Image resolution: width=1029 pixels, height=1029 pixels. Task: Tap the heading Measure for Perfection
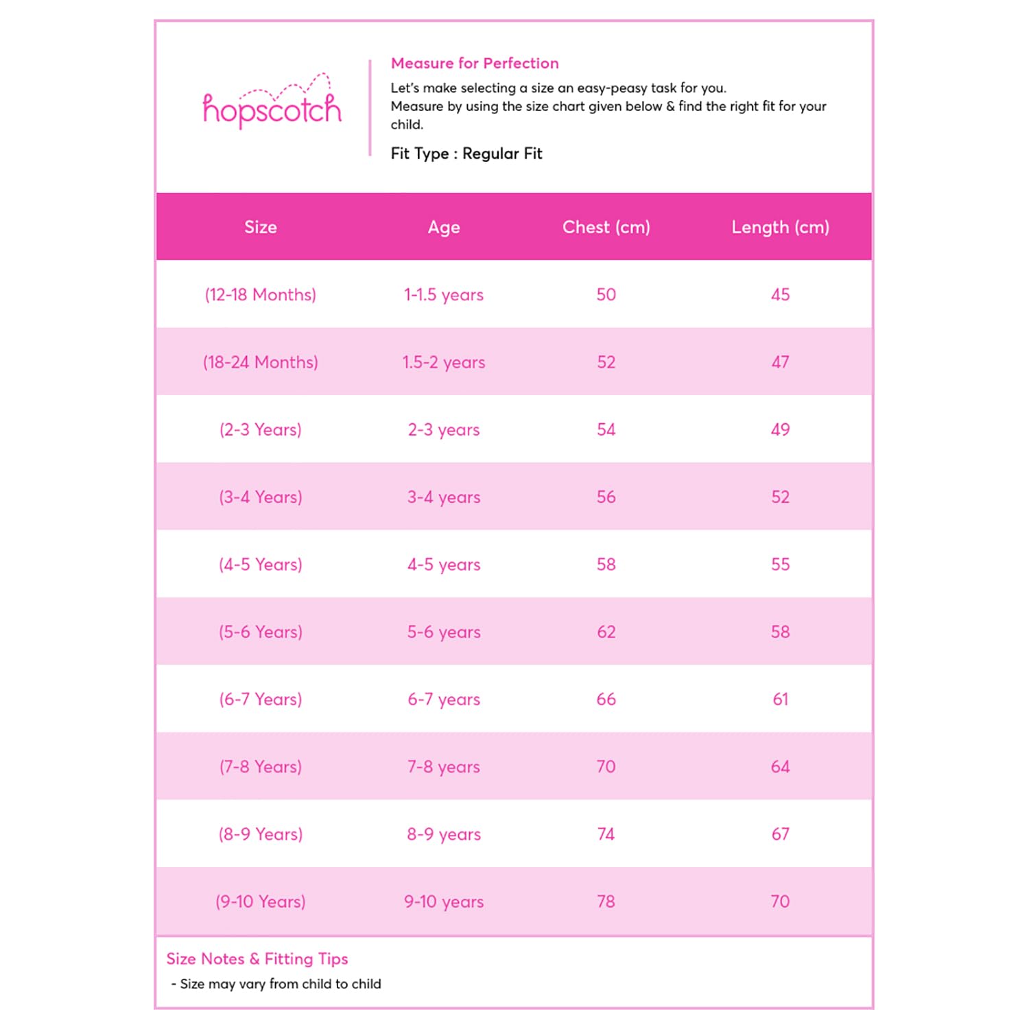[x=475, y=63]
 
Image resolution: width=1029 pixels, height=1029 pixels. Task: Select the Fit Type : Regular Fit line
[x=466, y=154]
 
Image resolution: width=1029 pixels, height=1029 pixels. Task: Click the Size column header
[x=261, y=227]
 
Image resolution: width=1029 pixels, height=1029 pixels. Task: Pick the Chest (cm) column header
[x=606, y=227]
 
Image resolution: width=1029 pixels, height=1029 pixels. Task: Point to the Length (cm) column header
[x=780, y=227]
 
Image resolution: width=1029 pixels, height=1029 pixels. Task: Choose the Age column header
[x=444, y=227]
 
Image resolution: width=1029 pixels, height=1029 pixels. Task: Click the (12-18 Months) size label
[x=261, y=295]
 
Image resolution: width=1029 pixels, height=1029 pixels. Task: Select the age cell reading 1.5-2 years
[x=444, y=362]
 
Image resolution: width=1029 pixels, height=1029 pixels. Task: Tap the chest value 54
[x=606, y=429]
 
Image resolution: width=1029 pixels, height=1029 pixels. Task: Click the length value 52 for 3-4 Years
[x=780, y=497]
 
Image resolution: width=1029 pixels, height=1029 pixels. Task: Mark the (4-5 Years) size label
[x=261, y=565]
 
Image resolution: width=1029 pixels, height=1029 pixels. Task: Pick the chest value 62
[x=606, y=632]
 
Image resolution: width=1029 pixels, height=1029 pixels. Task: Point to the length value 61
[x=780, y=699]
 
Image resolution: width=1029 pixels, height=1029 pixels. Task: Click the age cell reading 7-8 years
[x=444, y=766]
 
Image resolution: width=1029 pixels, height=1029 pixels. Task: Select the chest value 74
[x=606, y=834]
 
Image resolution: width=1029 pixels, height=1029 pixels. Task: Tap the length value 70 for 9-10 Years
[x=780, y=901]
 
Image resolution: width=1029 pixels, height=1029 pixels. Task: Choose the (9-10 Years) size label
[x=261, y=901]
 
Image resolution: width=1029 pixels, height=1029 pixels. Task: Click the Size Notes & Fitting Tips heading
[x=257, y=959]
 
